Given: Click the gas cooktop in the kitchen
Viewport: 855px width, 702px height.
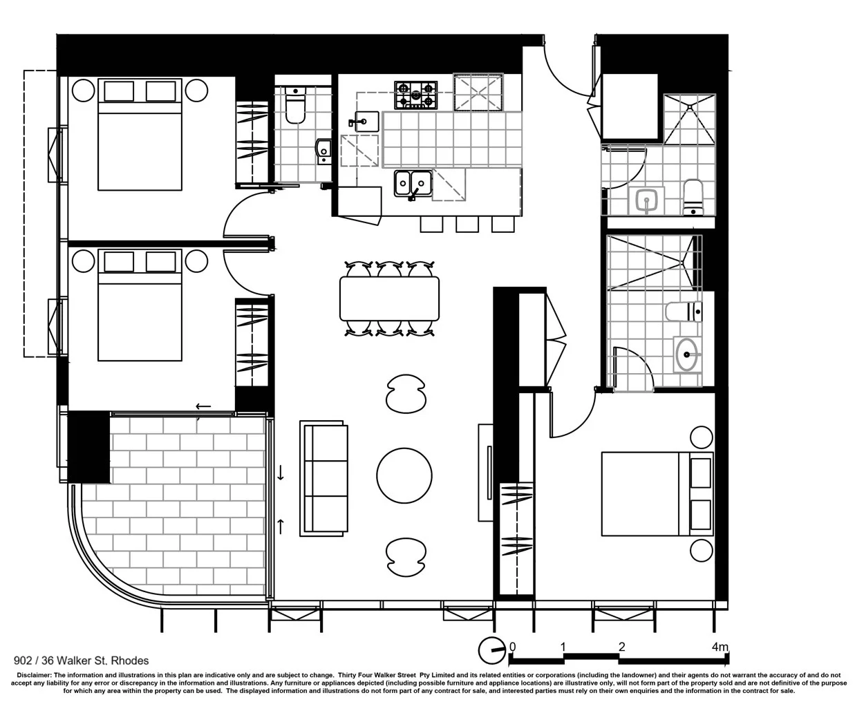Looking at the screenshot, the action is (415, 95).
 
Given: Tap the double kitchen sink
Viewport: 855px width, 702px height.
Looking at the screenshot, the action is (413, 184).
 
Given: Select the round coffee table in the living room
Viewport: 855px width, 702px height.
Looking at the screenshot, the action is (404, 475).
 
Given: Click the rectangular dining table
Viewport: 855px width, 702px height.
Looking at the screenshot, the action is (389, 298).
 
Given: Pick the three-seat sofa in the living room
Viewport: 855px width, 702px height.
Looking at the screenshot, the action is (323, 478).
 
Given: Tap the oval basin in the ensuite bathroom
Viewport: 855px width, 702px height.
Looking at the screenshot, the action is (687, 354).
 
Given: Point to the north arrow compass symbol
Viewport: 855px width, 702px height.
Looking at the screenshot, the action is (491, 651).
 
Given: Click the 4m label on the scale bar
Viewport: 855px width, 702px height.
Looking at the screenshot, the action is (720, 647).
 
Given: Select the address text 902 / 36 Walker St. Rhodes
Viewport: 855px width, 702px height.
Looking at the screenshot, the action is (81, 661).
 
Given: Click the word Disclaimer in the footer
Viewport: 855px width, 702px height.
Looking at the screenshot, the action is (34, 675).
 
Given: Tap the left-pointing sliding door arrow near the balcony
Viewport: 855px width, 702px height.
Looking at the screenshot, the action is (203, 406).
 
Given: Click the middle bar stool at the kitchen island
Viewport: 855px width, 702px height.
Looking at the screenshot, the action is (467, 224).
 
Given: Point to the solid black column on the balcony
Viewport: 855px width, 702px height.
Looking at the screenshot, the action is (88, 446).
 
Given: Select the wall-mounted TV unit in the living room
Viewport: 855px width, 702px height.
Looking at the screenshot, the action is (486, 473).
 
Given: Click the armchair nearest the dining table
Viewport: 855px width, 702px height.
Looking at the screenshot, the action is (406, 394).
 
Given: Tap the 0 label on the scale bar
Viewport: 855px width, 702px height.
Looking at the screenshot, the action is (512, 647).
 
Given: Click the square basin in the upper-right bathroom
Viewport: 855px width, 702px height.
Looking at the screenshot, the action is (646, 200).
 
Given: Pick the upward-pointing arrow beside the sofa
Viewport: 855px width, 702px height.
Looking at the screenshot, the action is (280, 526).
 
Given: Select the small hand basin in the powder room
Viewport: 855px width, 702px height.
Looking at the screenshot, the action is (323, 151).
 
